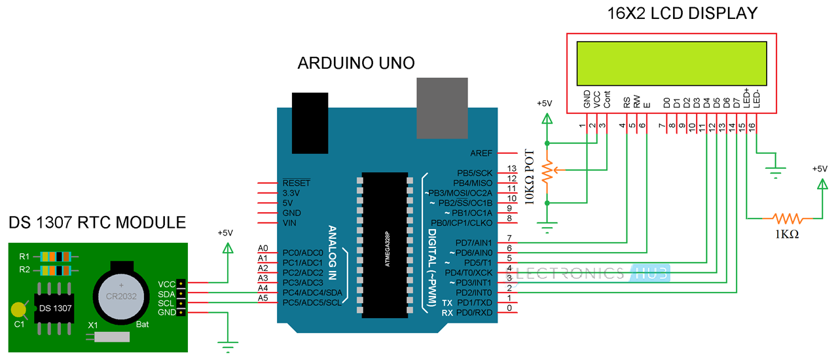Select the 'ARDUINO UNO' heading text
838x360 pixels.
click(356, 63)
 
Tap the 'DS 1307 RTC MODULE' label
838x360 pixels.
click(97, 223)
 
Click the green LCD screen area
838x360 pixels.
click(672, 63)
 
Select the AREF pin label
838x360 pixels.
click(485, 153)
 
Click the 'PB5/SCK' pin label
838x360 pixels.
click(477, 173)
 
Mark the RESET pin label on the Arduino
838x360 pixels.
click(297, 183)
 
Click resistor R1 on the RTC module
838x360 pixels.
click(54, 256)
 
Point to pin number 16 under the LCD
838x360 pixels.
click(752, 125)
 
